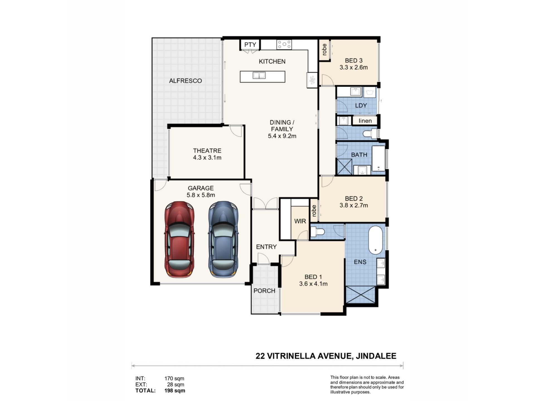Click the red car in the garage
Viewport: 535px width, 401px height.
coord(179,239)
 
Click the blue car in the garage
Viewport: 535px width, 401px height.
coord(223,239)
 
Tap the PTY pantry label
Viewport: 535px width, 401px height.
coord(250,45)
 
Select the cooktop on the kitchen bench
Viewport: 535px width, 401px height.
coord(284,44)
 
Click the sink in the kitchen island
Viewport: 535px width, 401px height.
coord(259,75)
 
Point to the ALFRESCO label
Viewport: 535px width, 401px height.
coord(185,81)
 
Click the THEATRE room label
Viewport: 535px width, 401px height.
coord(207,151)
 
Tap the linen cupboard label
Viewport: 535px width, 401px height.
coord(365,121)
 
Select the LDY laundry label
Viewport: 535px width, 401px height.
coord(361,106)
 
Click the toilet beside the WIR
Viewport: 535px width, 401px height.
coord(318,231)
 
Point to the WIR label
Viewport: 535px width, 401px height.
coord(300,221)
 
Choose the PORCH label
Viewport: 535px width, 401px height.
coord(264,291)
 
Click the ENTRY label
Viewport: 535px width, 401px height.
coord(266,247)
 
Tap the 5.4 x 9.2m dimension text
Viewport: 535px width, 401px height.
coord(282,136)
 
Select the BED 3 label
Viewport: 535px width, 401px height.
coord(354,60)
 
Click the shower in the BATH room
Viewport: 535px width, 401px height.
coord(345,167)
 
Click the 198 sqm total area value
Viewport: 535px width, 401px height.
coord(175,390)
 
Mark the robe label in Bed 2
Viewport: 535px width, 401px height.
coord(314,211)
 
